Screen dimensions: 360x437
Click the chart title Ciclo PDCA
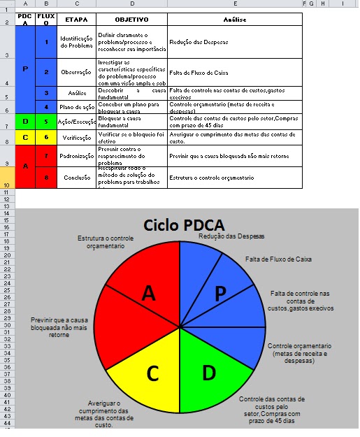click(184, 225)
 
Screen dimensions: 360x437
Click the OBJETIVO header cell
click(131, 20)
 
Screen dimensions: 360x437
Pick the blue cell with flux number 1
click(46, 42)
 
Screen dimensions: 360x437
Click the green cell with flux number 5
click(46, 121)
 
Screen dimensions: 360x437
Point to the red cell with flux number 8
click(46, 177)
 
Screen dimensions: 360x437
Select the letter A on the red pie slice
click(148, 294)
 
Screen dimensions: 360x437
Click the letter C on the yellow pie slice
click(152, 374)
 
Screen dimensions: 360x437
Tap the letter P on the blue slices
click(220, 294)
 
